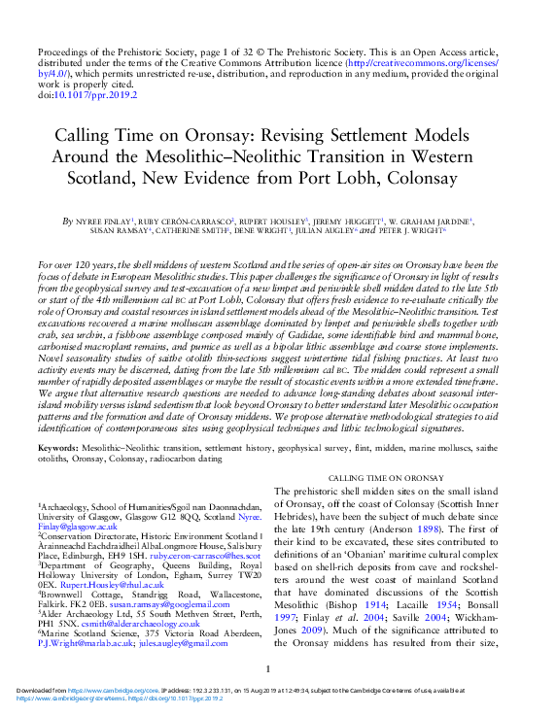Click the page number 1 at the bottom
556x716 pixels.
(267, 670)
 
